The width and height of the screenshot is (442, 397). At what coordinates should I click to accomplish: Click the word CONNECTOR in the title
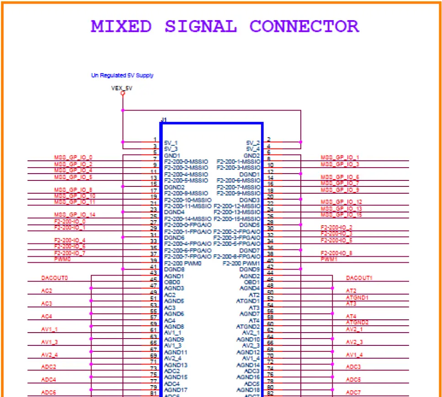(x=304, y=26)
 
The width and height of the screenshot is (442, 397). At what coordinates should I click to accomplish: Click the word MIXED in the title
(x=121, y=26)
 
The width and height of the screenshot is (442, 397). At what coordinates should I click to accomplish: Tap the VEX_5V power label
(x=122, y=88)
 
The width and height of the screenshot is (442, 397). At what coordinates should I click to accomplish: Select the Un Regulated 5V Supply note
(x=122, y=75)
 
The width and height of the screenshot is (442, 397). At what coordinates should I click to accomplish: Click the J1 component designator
(x=164, y=120)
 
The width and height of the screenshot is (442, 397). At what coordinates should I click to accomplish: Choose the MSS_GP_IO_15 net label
(x=341, y=215)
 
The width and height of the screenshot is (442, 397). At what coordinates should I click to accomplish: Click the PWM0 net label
(x=62, y=259)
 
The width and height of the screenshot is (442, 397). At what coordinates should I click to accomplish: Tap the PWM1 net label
(x=329, y=259)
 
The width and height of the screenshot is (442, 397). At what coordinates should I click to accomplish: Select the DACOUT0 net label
(x=54, y=278)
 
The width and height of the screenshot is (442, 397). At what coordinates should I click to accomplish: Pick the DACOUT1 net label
(x=359, y=278)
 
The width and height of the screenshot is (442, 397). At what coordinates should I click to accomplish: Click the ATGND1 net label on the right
(x=357, y=297)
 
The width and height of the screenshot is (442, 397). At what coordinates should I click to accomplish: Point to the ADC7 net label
(x=353, y=392)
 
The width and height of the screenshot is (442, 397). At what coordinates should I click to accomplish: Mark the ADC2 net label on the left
(x=48, y=367)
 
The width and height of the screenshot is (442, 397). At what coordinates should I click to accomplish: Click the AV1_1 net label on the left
(x=49, y=329)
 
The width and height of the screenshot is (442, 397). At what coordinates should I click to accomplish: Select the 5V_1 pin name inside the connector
(x=170, y=143)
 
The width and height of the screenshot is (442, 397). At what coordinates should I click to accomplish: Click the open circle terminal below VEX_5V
(x=122, y=93)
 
